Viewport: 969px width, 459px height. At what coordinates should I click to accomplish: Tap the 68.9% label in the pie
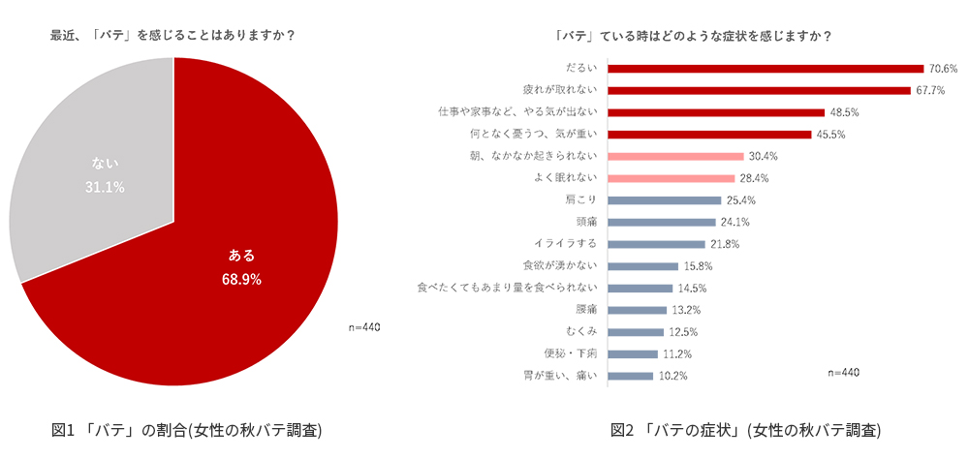[241, 279]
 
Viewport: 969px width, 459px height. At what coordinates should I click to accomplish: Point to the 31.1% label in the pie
[105, 187]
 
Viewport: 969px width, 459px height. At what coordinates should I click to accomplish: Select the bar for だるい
[765, 69]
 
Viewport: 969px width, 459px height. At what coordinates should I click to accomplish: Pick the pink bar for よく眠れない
[671, 178]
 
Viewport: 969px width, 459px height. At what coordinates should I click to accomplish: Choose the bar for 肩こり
[664, 200]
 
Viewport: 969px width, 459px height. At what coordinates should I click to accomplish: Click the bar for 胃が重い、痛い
[630, 376]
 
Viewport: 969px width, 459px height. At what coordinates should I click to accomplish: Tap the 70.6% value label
[943, 69]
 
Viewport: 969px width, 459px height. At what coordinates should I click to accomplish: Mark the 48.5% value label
[844, 112]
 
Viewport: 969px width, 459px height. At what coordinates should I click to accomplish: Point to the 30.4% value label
[763, 156]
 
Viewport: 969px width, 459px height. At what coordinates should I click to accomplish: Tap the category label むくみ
[581, 331]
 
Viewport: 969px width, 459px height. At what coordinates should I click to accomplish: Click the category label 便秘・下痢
[573, 353]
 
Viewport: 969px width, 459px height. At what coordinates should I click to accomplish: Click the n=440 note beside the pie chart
[363, 327]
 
